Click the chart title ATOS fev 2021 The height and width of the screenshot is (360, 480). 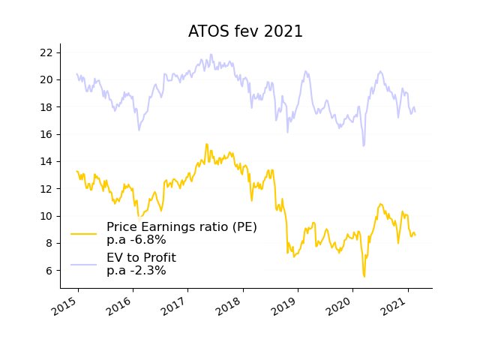(x=245, y=31)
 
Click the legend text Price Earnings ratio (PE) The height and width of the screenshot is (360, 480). (x=181, y=227)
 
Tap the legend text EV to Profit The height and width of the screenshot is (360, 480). (x=141, y=258)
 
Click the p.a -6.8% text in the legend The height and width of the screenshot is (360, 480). (x=136, y=240)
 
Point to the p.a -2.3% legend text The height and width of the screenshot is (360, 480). (x=136, y=271)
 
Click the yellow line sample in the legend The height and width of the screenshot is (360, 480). (x=84, y=233)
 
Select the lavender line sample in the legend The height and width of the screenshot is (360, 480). (x=84, y=264)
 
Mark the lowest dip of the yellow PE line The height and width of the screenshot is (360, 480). (x=364, y=277)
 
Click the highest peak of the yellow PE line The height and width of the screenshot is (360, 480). (x=206, y=144)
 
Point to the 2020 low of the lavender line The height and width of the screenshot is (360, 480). (x=364, y=145)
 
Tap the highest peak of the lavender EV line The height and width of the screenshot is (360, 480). (x=211, y=54)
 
